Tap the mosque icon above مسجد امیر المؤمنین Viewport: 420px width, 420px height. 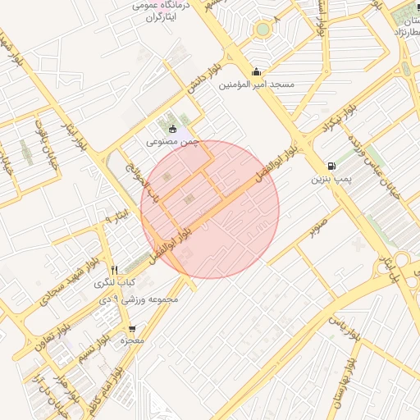[x=257, y=71]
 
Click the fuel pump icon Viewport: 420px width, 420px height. [x=331, y=165]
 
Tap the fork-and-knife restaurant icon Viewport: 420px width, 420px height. [x=114, y=270]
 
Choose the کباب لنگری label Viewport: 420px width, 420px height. [x=114, y=283]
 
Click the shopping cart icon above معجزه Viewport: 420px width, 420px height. [x=133, y=328]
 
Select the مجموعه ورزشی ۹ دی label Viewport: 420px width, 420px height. [x=153, y=299]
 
